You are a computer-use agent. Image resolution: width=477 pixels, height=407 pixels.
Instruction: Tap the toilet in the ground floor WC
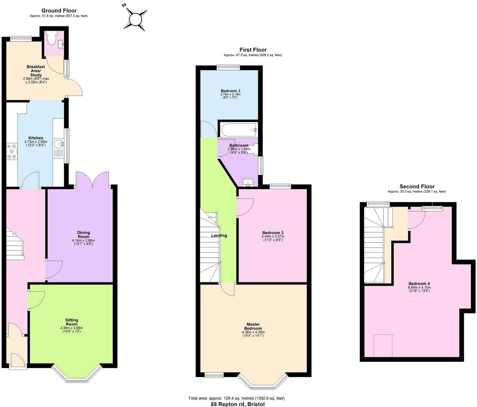51,38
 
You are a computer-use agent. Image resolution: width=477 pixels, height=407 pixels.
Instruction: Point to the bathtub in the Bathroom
239,130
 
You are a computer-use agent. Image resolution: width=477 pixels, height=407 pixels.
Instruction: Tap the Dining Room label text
83,235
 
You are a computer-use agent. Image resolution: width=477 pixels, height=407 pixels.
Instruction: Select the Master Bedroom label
253,326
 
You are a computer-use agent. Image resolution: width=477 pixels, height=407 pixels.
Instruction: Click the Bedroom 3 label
230,91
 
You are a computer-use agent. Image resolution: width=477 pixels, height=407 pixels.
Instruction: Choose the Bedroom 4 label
419,284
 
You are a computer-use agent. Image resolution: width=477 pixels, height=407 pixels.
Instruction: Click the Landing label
219,236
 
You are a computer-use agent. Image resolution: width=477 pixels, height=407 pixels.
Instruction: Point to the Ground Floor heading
59,11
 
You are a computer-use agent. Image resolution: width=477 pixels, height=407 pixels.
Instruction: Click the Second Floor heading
417,187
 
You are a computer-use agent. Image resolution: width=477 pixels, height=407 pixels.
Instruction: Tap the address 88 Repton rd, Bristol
237,404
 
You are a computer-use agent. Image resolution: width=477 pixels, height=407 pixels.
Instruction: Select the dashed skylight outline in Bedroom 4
383,346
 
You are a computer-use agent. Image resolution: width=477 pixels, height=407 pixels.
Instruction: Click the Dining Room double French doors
93,179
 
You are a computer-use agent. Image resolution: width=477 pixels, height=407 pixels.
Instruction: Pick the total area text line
236,398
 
